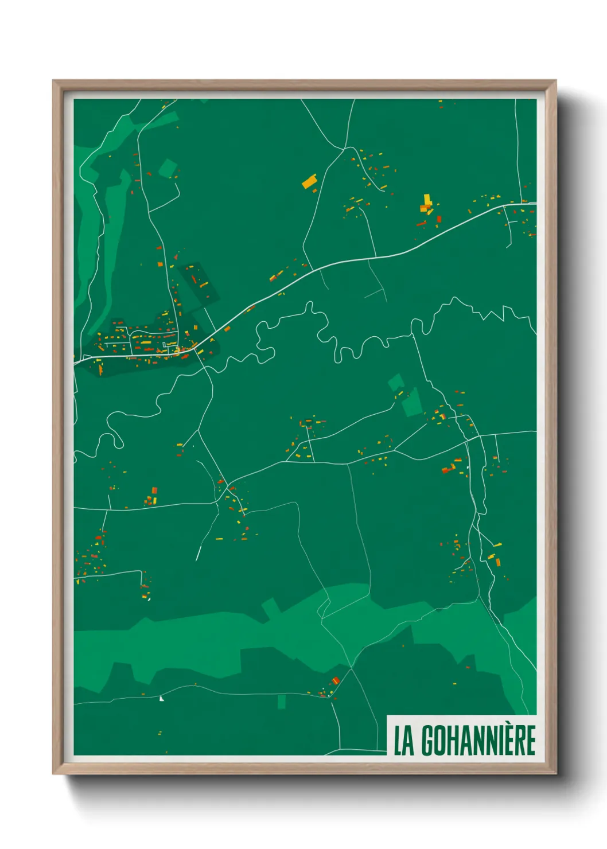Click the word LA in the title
click(403, 741)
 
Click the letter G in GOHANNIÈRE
click(429, 741)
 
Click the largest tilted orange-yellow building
click(309, 181)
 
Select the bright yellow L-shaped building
click(427, 201)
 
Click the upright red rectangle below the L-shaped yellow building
click(439, 219)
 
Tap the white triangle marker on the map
click(161, 698)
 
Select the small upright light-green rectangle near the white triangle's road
click(281, 702)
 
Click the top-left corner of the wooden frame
click(53, 81)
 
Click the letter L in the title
click(398, 741)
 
